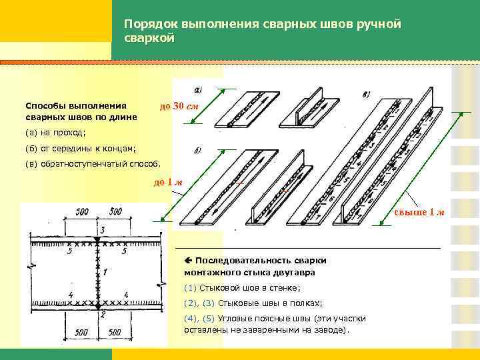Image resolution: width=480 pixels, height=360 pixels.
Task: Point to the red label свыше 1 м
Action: [419, 212]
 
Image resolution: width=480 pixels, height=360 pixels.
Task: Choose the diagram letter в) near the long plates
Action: [366, 95]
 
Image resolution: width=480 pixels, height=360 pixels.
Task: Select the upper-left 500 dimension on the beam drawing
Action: [81, 212]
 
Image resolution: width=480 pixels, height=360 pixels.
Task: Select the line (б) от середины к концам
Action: [80, 148]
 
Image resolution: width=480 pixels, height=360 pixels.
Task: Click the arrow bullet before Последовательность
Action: [189, 259]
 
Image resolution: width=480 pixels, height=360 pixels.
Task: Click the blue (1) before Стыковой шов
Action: [190, 287]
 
